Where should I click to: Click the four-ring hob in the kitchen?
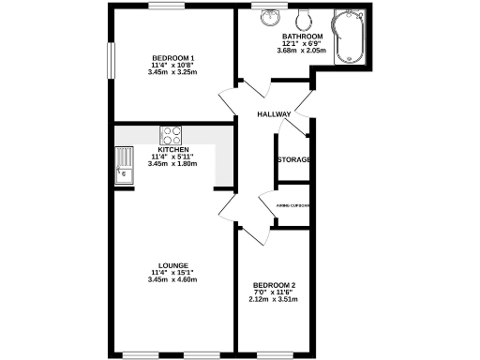point(171,135)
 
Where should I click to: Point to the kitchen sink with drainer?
point(124,164)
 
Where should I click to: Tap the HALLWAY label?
point(274,114)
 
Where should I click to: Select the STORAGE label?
point(293,159)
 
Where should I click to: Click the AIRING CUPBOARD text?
point(293,205)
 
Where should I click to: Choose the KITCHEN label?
point(173,150)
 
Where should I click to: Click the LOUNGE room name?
point(172,265)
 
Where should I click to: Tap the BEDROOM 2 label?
point(275,285)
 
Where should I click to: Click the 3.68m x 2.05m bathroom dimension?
point(301,51)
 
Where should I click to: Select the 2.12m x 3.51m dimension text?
point(275,300)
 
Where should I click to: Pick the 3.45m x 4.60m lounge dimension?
point(172,279)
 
